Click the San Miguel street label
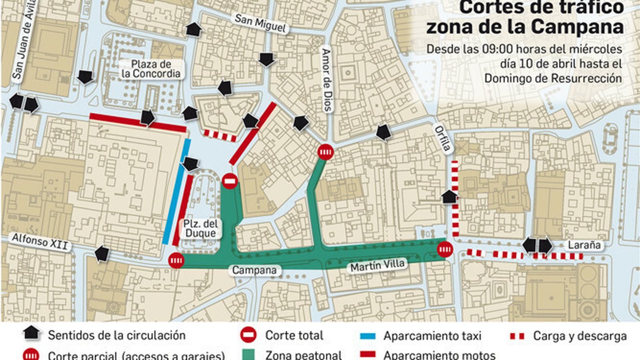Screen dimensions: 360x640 pos(260,24)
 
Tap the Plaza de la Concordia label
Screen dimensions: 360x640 pos(151,69)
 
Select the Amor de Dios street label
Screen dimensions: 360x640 pos(327,80)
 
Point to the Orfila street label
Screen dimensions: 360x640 pos(442,138)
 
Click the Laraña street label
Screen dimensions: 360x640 pos(584,245)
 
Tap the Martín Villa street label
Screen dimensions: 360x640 pos(377,265)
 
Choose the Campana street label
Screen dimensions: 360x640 pos(254,270)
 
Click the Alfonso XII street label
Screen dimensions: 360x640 pos(40,242)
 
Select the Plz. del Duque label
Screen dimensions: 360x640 pos(200,228)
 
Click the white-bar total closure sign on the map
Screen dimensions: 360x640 pos(230,181)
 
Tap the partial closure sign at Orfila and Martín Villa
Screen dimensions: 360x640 pos(445,250)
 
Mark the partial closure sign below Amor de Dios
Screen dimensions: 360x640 pos(326,152)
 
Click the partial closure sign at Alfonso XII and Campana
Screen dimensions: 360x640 pos(176,261)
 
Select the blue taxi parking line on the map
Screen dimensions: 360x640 pos(176,192)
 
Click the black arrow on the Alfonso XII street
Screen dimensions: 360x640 pos(102,254)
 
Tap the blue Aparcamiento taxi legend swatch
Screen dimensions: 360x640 pos(367,336)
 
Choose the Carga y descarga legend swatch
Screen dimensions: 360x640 pos(517,336)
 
